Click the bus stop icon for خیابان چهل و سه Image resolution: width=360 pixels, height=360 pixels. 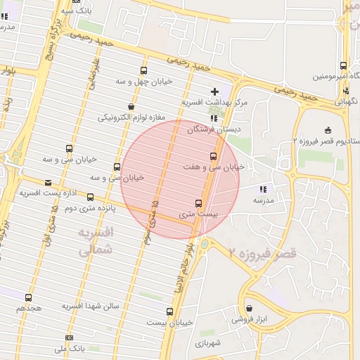[x=144, y=70]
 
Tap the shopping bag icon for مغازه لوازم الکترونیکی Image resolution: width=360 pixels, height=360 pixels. [x=131, y=106]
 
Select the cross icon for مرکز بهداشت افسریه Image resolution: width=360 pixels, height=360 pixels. [x=214, y=91]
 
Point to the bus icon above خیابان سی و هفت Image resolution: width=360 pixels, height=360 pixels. [x=213, y=156]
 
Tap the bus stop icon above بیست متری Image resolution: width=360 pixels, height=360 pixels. [x=198, y=202]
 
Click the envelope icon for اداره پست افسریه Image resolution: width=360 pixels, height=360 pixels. [x=48, y=183]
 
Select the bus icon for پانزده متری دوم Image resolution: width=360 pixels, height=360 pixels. [x=91, y=198]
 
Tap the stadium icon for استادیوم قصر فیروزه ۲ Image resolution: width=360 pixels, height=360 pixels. [x=328, y=130]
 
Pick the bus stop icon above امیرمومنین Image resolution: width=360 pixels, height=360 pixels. [x=343, y=65]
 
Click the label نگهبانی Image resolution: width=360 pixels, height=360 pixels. [x=345, y=101]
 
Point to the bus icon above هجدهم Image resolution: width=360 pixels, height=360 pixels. [x=28, y=297]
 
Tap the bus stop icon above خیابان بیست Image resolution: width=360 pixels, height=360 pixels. [x=169, y=311]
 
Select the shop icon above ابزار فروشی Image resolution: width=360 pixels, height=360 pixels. [x=249, y=308]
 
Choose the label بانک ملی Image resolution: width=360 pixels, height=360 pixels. [x=69, y=348]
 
